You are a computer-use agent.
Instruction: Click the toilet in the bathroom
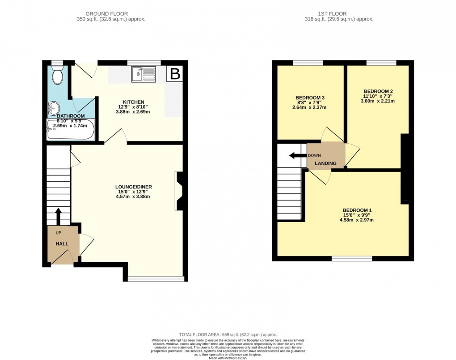(x=57, y=76)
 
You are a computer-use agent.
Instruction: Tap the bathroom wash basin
(x=54, y=107)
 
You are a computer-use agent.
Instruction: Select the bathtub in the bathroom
(x=70, y=130)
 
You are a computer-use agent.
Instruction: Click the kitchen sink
(x=143, y=75)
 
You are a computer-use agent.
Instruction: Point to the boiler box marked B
(x=175, y=74)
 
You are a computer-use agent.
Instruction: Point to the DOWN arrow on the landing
(x=296, y=155)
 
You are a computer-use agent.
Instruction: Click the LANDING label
(x=325, y=163)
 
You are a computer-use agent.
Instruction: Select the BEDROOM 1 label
(x=357, y=210)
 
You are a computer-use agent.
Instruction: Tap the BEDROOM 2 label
(x=378, y=90)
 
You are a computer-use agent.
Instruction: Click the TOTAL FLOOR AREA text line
(x=228, y=335)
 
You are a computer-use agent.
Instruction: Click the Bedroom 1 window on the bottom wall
(x=352, y=258)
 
